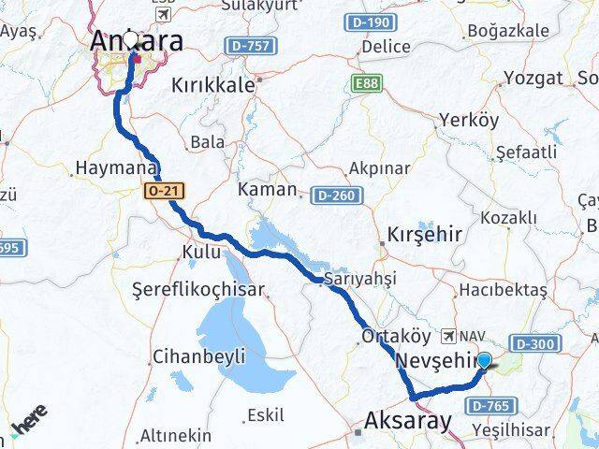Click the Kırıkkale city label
[x=213, y=85]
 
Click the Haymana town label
[x=114, y=169]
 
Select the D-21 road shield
[x=165, y=191]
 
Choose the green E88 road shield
[x=369, y=85]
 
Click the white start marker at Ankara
[x=131, y=40]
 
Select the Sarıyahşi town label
[x=360, y=279]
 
